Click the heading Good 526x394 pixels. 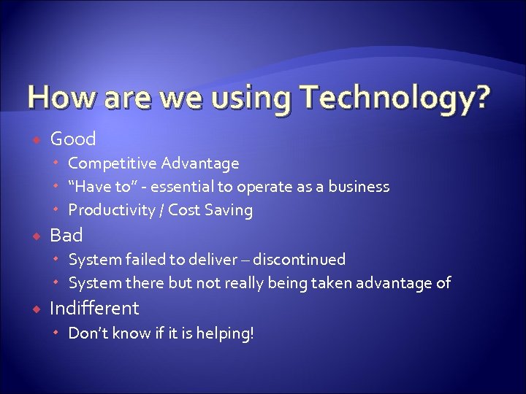pyautogui.click(x=73, y=139)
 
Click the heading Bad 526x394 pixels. pyautogui.click(x=66, y=235)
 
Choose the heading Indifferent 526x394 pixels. pyautogui.click(x=94, y=308)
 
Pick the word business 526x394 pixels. pyautogui.click(x=358, y=187)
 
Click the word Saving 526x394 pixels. pyautogui.click(x=229, y=211)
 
